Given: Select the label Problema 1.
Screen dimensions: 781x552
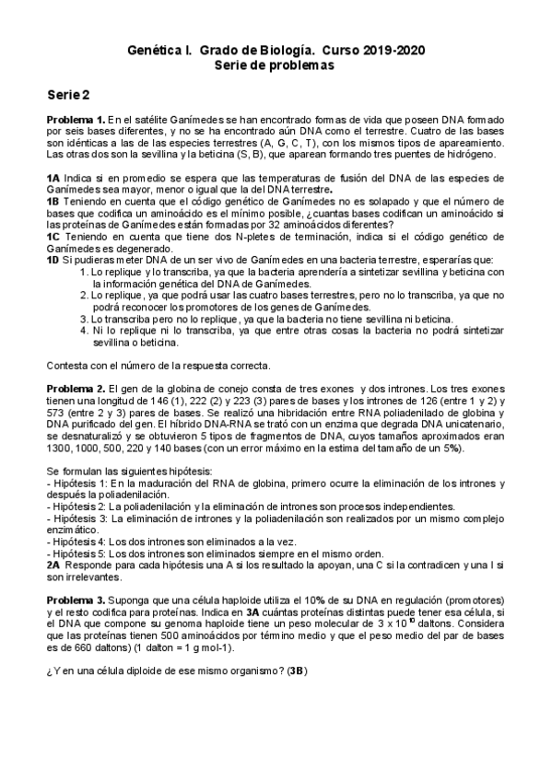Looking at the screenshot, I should tap(76, 121).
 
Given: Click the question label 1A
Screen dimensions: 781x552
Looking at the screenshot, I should tap(53, 176).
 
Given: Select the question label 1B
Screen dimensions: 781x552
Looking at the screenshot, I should tap(53, 198).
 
